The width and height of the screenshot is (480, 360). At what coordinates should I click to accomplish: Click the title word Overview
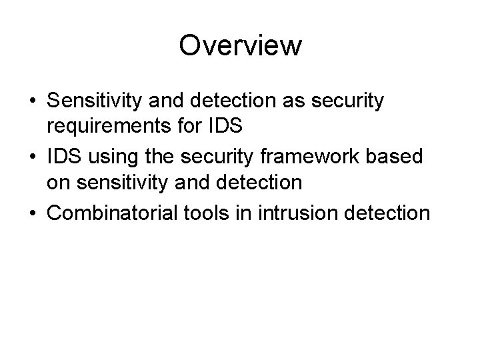point(240,46)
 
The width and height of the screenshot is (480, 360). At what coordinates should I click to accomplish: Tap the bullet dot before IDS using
point(33,157)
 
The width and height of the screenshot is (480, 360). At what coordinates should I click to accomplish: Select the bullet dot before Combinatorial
point(33,213)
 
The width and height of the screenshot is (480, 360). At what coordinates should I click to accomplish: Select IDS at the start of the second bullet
point(62,157)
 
